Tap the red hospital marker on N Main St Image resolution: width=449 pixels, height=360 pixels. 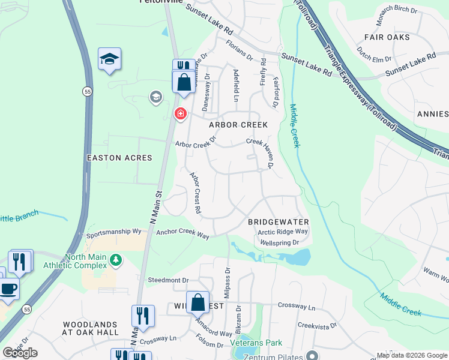click(179, 113)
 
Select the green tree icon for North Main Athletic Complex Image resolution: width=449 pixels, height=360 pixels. click(116, 259)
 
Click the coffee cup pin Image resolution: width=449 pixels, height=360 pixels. click(8, 288)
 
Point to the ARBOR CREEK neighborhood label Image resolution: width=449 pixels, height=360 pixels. click(238, 125)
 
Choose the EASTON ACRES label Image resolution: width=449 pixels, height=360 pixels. click(119, 158)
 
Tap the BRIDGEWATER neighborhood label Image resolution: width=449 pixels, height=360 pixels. click(278, 222)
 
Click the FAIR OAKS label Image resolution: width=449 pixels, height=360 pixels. click(387, 37)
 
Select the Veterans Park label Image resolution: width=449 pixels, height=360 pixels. click(256, 343)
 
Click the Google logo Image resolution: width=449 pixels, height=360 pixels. click(20, 353)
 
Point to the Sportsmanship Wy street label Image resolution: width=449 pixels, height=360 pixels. click(113, 231)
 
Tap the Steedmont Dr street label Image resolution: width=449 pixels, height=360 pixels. click(168, 280)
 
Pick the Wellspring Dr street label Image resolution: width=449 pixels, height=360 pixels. click(280, 243)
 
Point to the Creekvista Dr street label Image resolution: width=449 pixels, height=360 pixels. click(319, 325)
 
